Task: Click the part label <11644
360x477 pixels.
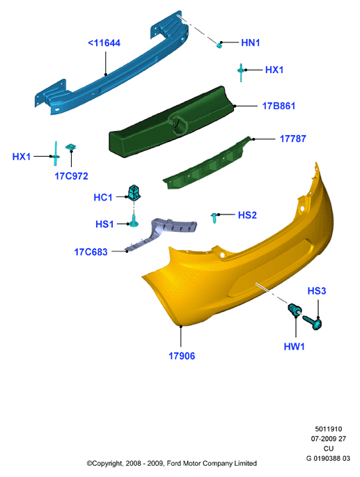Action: (x=104, y=43)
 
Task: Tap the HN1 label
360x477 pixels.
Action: (x=251, y=42)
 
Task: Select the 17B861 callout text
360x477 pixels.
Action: (x=279, y=106)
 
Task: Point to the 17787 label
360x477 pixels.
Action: (x=292, y=139)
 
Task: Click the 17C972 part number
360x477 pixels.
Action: (x=71, y=176)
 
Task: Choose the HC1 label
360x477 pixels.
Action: (x=103, y=198)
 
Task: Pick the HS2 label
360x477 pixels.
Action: (x=247, y=215)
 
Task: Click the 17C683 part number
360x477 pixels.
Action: (x=91, y=252)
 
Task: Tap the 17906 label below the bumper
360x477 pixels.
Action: (x=182, y=356)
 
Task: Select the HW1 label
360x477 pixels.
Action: (x=294, y=347)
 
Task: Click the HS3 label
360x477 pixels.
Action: (x=317, y=291)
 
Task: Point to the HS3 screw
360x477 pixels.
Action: (x=312, y=322)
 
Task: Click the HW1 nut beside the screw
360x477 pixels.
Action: (x=295, y=309)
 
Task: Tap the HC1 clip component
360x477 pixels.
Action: (x=134, y=192)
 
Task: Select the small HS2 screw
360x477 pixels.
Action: (x=214, y=218)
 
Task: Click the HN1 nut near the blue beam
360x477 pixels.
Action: (x=219, y=45)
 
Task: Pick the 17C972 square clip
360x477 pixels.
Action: (x=71, y=147)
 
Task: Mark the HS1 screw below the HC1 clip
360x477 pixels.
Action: (x=134, y=221)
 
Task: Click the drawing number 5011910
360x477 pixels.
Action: (x=329, y=429)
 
